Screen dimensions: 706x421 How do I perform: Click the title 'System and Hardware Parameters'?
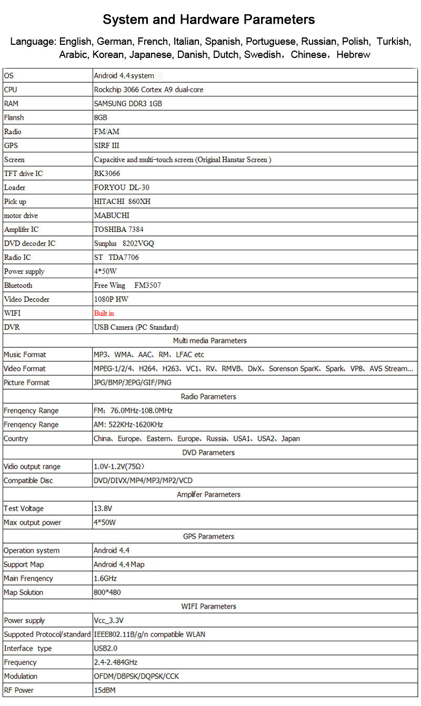(209, 20)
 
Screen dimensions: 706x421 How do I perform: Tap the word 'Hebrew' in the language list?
(353, 55)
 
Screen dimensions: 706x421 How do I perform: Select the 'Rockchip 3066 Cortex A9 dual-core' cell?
(148, 90)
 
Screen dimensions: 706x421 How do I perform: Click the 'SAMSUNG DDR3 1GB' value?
(128, 104)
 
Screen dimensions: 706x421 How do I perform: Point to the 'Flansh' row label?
(14, 117)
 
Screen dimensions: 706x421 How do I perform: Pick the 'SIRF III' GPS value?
(106, 145)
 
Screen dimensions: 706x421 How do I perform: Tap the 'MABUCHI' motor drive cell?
(112, 215)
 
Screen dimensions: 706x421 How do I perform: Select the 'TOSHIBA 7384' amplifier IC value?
(119, 229)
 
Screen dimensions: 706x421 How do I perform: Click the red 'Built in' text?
(104, 313)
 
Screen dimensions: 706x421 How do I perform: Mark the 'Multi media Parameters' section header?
(210, 341)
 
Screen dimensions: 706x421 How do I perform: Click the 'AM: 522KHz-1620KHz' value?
(128, 425)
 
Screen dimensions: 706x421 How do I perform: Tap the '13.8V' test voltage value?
(103, 508)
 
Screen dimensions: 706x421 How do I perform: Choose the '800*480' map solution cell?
(107, 592)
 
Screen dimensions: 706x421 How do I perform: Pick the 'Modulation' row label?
(21, 676)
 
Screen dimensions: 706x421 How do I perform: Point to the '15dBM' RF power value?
(104, 690)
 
